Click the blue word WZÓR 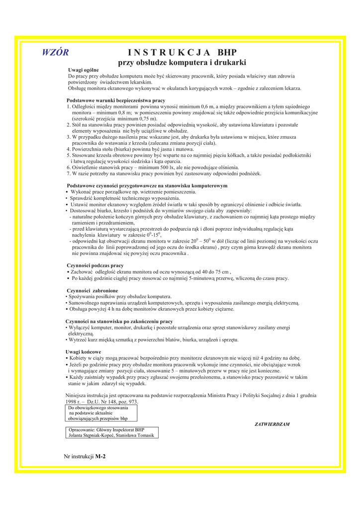tap(55, 53)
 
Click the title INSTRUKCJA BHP tap(182, 53)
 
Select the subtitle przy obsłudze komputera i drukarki tap(182, 63)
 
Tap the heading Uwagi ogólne tap(84, 70)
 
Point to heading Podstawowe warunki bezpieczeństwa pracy tap(116, 100)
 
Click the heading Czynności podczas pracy tap(95, 265)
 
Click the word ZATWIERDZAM tap(272, 424)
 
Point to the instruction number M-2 tap(101, 456)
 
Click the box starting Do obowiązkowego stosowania tap(101, 413)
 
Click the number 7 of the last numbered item tap(68, 173)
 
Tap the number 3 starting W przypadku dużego tap(68, 137)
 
